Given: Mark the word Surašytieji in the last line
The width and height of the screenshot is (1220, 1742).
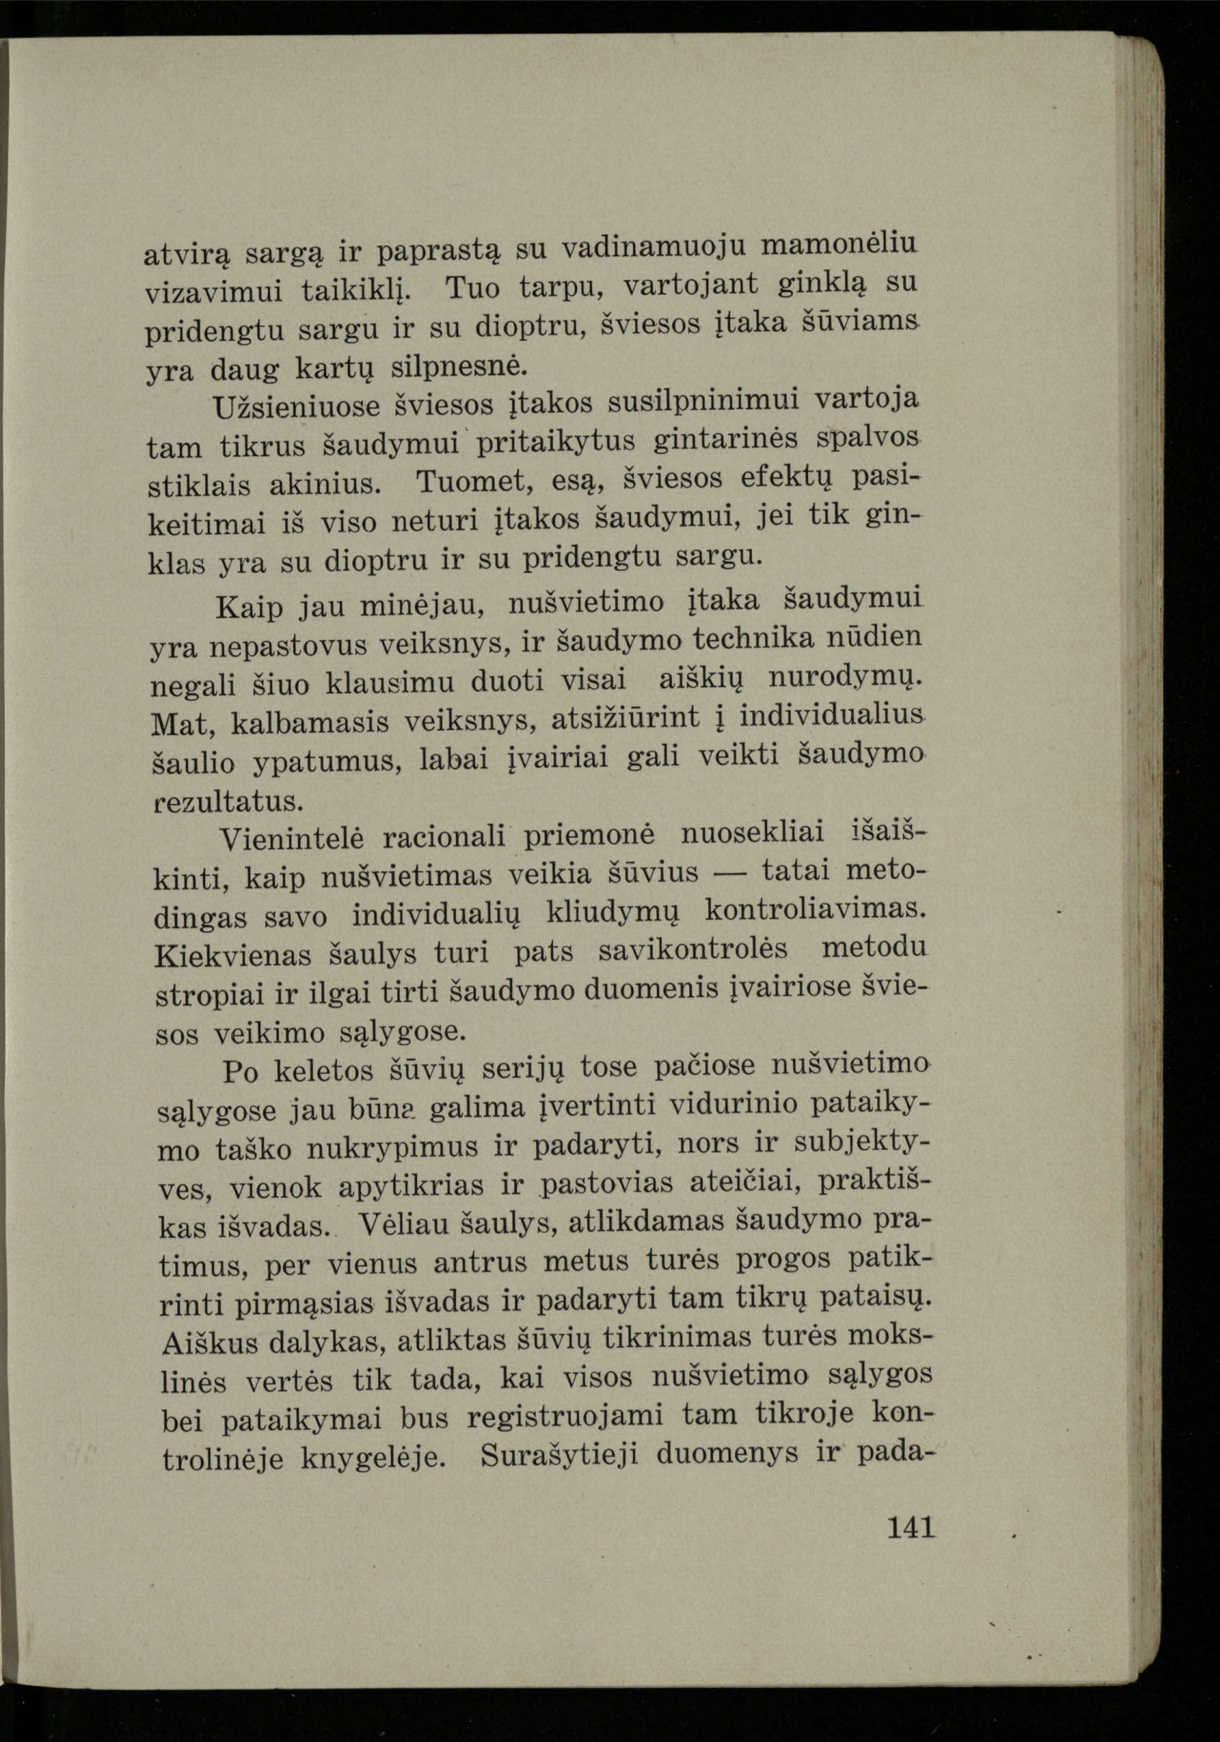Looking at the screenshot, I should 561,1457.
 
